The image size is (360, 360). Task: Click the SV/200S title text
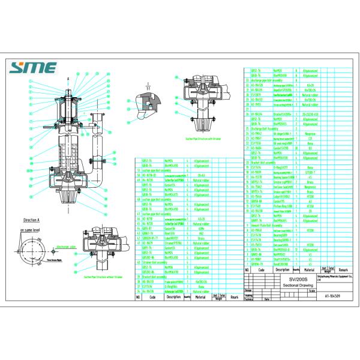(x=291, y=279)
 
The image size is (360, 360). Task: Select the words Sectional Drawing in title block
(x=291, y=286)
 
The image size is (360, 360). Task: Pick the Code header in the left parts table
(x=152, y=296)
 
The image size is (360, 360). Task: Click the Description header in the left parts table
(x=173, y=296)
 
